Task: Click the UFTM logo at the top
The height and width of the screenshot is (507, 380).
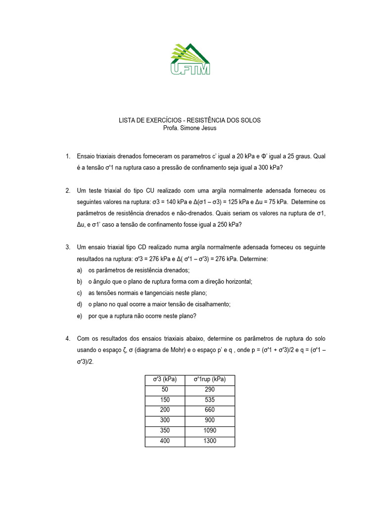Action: click(190, 59)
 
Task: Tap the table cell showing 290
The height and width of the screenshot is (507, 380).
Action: click(210, 390)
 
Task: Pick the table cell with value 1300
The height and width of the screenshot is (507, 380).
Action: click(210, 441)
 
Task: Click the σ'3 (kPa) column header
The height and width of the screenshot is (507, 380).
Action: click(165, 379)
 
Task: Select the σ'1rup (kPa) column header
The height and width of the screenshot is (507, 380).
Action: click(210, 379)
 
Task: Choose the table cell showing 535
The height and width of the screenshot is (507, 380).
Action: click(210, 400)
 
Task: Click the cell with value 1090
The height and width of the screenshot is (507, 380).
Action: click(210, 431)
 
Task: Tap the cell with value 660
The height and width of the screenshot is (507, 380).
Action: click(210, 410)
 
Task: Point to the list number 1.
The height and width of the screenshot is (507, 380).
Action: click(67, 156)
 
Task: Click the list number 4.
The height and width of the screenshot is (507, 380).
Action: click(67, 339)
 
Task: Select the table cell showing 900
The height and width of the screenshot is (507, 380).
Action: click(210, 420)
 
